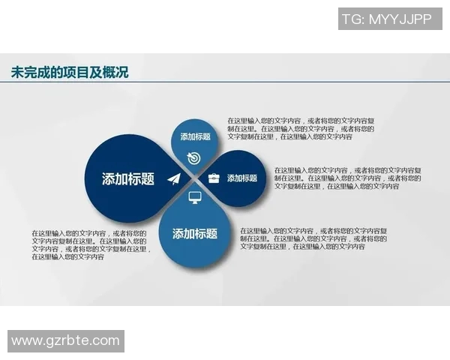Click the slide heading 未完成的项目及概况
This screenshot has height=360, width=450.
tap(70, 73)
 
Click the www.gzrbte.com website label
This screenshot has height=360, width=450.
tap(66, 341)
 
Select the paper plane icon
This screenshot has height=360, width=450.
tap(175, 178)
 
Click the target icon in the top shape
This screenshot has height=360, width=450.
tap(194, 157)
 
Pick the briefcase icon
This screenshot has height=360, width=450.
tap(214, 178)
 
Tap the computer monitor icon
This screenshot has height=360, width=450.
tap(195, 198)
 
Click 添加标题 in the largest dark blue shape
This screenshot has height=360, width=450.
tap(128, 179)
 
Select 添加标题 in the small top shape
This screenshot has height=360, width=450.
tap(195, 137)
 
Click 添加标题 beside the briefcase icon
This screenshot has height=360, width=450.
tap(242, 178)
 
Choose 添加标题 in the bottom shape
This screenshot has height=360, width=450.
tap(195, 234)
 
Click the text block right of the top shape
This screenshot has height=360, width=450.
tap(301, 128)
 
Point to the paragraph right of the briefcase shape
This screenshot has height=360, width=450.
tap(347, 178)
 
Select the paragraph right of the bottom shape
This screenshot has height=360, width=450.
tap(313, 238)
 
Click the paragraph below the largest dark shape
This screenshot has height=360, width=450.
tap(91, 245)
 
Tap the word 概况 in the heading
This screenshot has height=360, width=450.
tap(116, 73)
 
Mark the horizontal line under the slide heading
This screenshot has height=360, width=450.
tap(225, 84)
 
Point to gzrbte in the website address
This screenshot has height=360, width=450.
tap(67, 341)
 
